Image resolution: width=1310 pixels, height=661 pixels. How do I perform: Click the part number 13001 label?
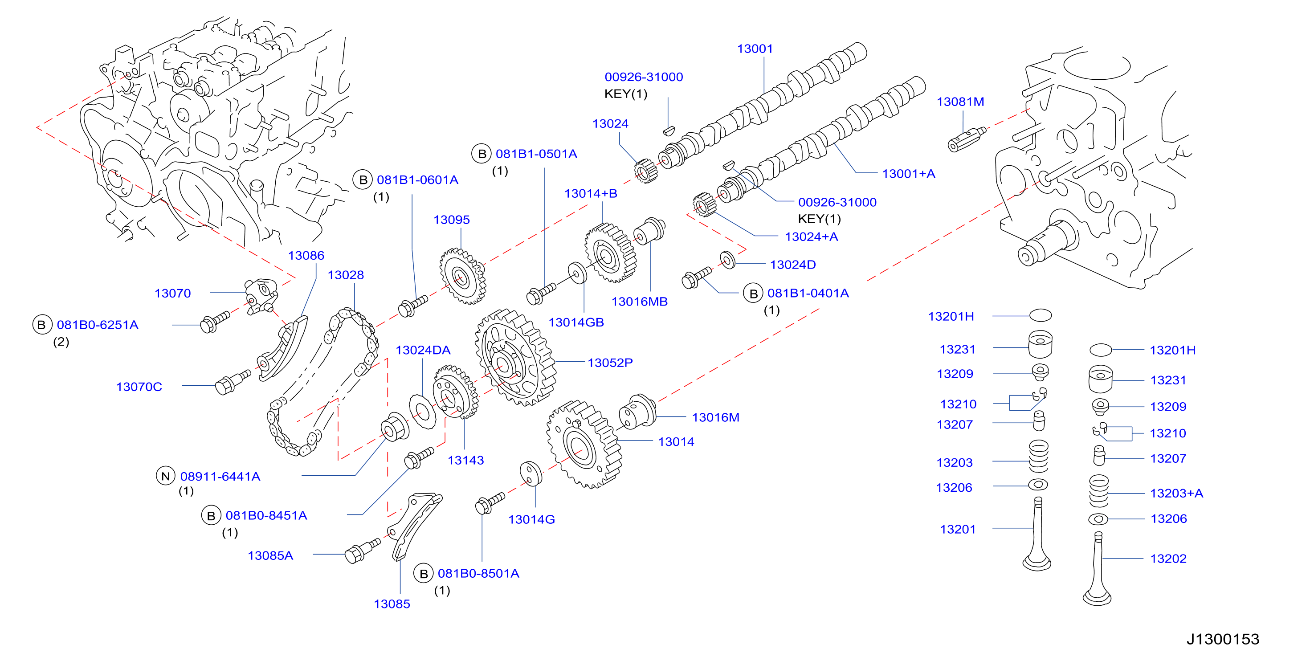tap(755, 49)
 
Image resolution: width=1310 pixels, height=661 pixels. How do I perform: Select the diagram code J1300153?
tap(1223, 639)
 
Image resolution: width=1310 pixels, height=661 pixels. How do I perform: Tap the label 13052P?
tap(610, 363)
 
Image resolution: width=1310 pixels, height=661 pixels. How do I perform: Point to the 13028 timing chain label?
tap(345, 275)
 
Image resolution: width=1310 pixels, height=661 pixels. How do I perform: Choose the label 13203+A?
tap(1176, 493)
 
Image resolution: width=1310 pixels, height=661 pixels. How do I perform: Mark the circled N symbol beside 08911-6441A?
tap(165, 476)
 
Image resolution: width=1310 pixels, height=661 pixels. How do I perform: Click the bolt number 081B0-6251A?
tap(97, 325)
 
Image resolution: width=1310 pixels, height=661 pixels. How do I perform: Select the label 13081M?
tap(960, 102)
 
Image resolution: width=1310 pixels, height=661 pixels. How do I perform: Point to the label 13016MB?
tap(639, 302)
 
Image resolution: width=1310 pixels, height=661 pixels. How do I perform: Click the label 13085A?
tap(270, 555)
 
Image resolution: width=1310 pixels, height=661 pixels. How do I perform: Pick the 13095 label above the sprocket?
tap(451, 220)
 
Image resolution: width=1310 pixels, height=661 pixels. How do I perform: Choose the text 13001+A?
tap(908, 174)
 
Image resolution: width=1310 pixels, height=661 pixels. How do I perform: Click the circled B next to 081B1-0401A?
tap(753, 294)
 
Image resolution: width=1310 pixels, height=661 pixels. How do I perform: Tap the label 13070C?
tap(139, 387)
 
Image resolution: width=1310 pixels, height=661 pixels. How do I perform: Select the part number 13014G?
tap(531, 519)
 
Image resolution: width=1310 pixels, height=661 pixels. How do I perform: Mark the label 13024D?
tap(792, 265)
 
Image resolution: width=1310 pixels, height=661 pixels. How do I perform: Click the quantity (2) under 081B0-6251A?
tap(61, 342)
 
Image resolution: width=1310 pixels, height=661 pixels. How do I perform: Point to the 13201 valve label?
tap(958, 529)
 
